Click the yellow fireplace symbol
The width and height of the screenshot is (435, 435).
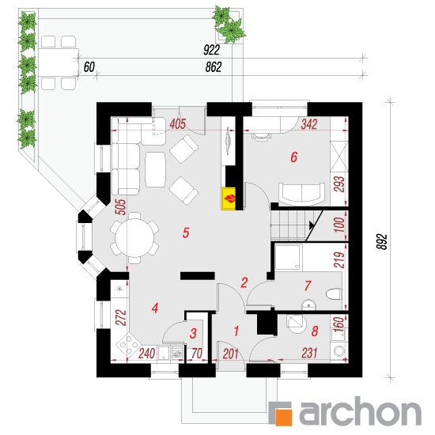pos(228,199)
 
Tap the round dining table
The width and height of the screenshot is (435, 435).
pos(135,238)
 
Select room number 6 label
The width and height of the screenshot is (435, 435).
pos(293,157)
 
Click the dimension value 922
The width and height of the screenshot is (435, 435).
pos(211,50)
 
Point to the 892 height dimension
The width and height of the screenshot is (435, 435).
pos(382,242)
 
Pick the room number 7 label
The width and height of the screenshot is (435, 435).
pos(308,286)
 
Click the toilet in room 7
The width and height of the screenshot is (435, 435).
pos(334,294)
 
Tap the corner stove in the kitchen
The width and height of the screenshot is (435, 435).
pos(128,345)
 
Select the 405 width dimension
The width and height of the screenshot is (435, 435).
pos(177,124)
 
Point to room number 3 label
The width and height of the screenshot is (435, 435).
pos(193,334)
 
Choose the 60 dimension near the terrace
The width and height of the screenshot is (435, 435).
pos(89,67)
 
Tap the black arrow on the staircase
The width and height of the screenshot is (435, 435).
pos(312,225)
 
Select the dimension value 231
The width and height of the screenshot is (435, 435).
pos(309,354)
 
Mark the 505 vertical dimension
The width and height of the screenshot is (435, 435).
pos(121,207)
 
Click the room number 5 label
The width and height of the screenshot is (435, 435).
pos(186,233)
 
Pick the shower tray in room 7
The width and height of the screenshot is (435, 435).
pos(289,257)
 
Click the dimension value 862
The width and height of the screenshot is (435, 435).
pos(214,67)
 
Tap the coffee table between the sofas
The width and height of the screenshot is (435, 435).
pos(155,169)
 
